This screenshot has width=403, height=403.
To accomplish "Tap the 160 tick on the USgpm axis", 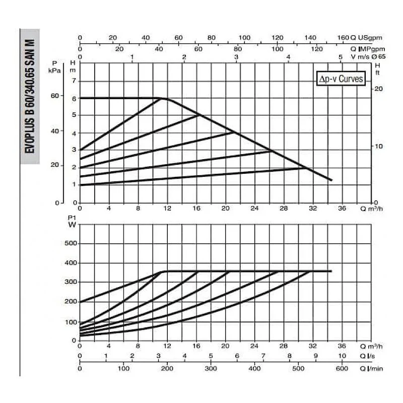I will pos(343,38).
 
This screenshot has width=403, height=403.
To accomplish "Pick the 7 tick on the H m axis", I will pos(74,81).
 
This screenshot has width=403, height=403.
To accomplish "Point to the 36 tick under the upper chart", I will pos(342,208).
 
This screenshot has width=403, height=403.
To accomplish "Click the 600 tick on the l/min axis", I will pos(342,369).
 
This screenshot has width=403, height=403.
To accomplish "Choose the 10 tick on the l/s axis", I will pos(342,356).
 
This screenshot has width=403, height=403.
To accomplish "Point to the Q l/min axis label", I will pos(372,369).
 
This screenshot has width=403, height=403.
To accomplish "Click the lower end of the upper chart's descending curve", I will pos(331,180).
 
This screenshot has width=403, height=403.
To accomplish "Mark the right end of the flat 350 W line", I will pos(331,272).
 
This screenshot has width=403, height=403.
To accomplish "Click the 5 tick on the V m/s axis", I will pos(341,57).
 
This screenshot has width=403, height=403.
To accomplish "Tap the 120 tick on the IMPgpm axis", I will pos(317,48).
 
